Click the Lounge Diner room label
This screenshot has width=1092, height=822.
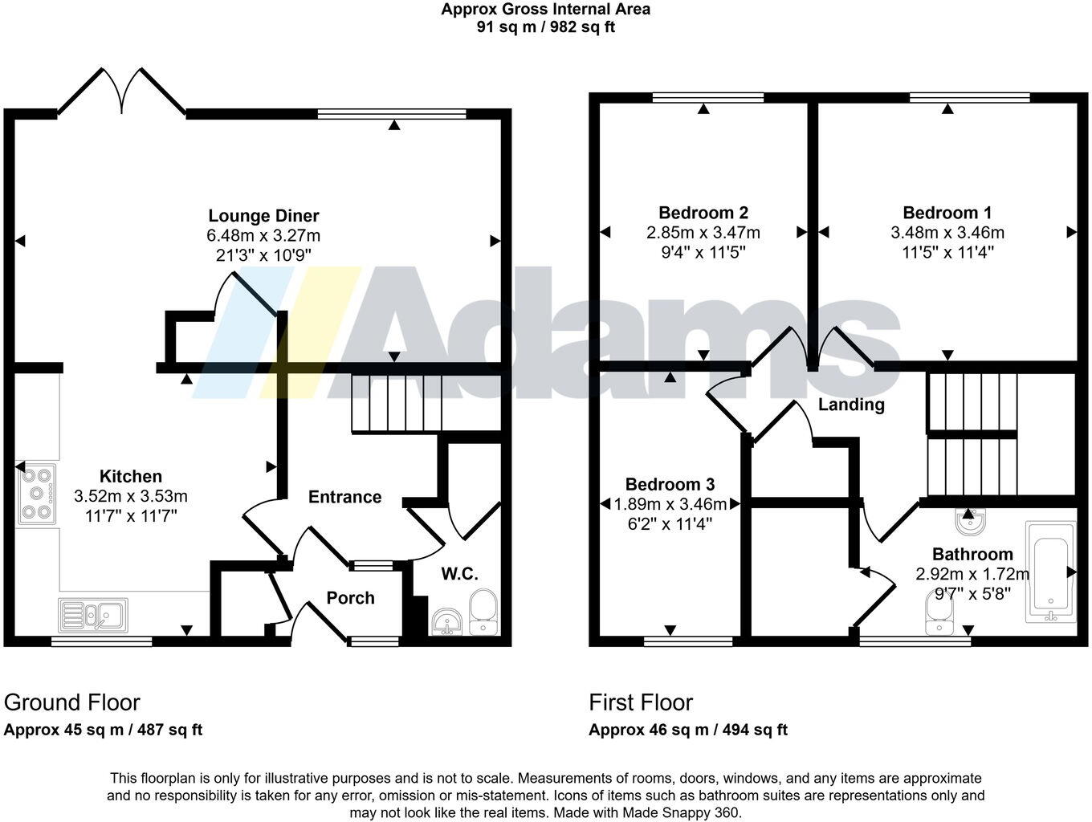263,216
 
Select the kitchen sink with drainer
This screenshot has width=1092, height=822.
93,616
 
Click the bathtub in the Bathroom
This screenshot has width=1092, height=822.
1050,571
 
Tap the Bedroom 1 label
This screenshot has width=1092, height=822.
947,213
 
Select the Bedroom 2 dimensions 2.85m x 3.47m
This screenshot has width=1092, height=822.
703,233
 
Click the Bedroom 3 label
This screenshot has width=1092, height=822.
670,484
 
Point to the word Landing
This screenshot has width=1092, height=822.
851,405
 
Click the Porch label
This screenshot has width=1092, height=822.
350,598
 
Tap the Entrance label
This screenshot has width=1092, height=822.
344,497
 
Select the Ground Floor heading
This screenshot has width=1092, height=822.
72,702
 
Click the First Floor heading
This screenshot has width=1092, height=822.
641,702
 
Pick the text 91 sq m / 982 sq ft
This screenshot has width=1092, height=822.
546,27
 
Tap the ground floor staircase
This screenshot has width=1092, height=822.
397,403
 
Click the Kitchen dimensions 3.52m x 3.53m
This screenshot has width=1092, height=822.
130,496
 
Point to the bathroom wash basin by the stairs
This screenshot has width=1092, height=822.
968,523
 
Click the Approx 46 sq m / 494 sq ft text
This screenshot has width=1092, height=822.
688,730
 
